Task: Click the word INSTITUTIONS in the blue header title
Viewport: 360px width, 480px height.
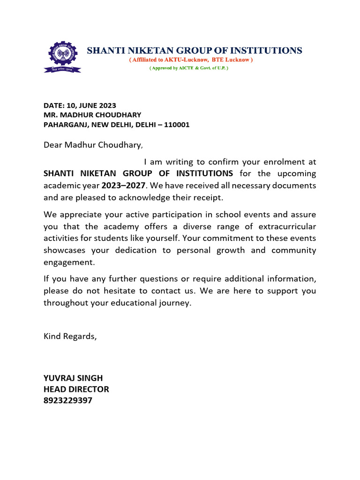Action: (x=266, y=50)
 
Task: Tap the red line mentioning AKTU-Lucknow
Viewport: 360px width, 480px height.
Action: (x=191, y=60)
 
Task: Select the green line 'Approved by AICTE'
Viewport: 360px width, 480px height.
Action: (x=189, y=68)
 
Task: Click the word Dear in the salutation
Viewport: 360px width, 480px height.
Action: (x=53, y=145)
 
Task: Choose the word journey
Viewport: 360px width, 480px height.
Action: (x=175, y=303)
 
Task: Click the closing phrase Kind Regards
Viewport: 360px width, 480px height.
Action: (x=70, y=336)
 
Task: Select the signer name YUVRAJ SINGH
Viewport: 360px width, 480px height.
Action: (x=73, y=378)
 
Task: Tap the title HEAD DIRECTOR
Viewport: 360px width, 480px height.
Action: (x=76, y=389)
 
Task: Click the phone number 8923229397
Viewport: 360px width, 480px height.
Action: (x=68, y=400)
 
